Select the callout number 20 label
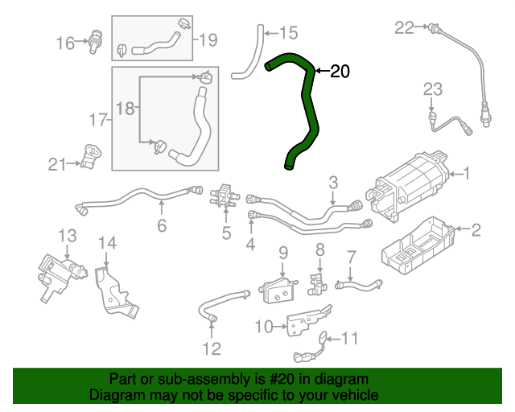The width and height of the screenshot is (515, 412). tap(340, 72)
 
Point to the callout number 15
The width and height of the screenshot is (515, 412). tap(287, 33)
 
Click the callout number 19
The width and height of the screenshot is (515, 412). tap(208, 39)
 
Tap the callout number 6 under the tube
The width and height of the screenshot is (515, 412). tap(162, 226)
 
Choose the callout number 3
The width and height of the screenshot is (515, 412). tap(332, 183)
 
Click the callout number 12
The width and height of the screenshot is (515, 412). tap(211, 348)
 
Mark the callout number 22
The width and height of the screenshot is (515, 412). tap(403, 28)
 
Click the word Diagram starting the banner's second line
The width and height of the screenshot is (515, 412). tap(116, 396)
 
